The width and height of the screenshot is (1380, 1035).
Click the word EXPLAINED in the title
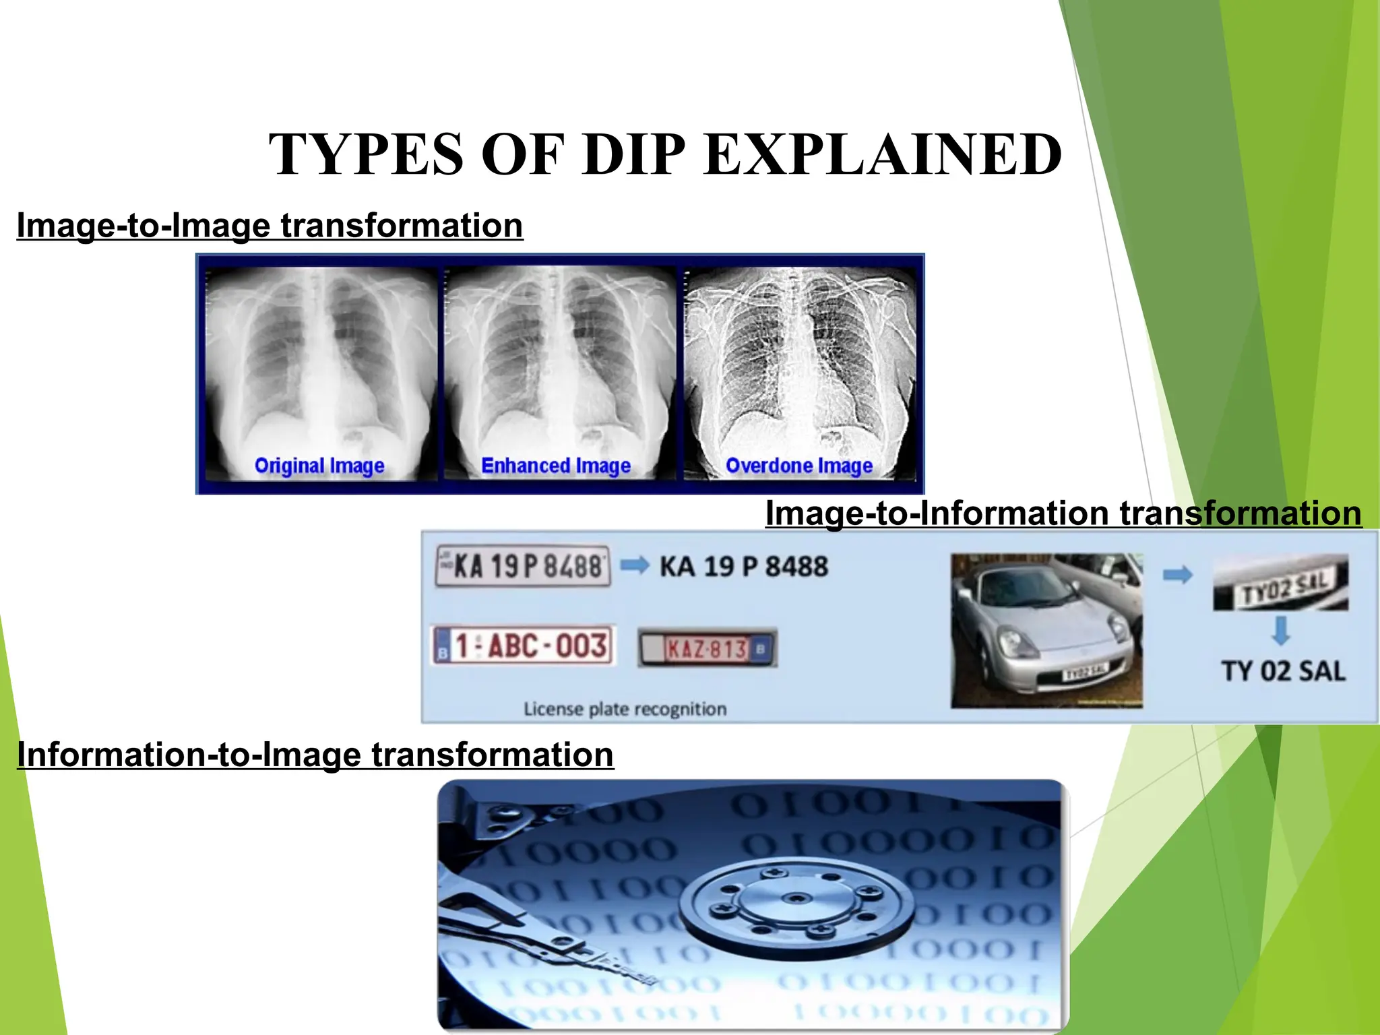click(x=883, y=155)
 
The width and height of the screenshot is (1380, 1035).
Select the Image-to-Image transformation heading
click(x=270, y=226)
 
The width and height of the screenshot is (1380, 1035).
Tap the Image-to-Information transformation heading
click(x=1063, y=513)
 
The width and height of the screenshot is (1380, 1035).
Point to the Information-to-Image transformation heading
click(x=315, y=755)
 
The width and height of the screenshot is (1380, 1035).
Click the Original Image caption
click(x=319, y=466)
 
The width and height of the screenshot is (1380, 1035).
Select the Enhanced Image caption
click(x=556, y=466)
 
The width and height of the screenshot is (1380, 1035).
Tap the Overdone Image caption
click(x=799, y=466)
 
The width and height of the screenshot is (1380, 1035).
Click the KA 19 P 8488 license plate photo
click(x=523, y=566)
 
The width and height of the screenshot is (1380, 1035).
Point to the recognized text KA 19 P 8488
click(x=744, y=567)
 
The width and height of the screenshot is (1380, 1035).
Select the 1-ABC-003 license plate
click(x=523, y=646)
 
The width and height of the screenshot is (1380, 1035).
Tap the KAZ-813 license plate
click(x=708, y=649)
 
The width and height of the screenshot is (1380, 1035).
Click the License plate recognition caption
click(x=625, y=710)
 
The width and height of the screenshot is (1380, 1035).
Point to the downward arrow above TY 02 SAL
click(x=1281, y=631)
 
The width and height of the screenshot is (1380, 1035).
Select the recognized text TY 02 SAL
click(x=1284, y=672)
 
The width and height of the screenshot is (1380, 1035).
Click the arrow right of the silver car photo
click(x=1178, y=575)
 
